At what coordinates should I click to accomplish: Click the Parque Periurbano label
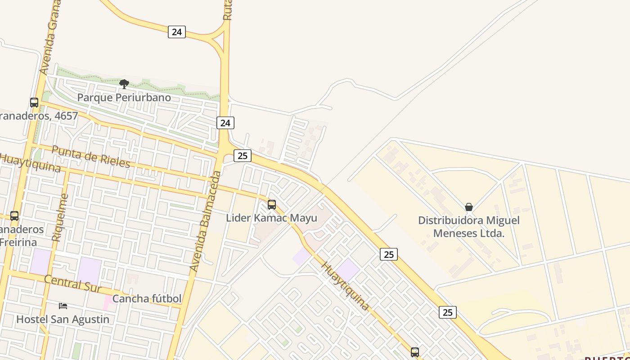(x=124, y=98)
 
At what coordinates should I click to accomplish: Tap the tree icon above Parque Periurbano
(x=124, y=84)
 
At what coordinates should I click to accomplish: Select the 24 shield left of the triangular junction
(x=177, y=31)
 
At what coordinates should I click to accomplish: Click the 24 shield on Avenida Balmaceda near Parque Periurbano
(x=225, y=122)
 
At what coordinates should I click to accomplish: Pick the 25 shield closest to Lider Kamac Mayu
(x=243, y=156)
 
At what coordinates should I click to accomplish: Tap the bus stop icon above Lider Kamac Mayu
(x=271, y=205)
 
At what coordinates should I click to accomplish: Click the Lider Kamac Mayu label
(x=271, y=218)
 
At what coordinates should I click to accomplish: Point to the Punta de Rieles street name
(x=91, y=156)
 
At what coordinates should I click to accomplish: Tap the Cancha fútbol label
(x=147, y=299)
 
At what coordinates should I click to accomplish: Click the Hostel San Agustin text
(x=63, y=319)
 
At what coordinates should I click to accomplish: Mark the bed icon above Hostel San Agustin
(x=63, y=306)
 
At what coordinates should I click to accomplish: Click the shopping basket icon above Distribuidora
(x=469, y=207)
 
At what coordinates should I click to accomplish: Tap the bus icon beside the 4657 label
(x=34, y=102)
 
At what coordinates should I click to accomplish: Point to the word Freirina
(x=18, y=242)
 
